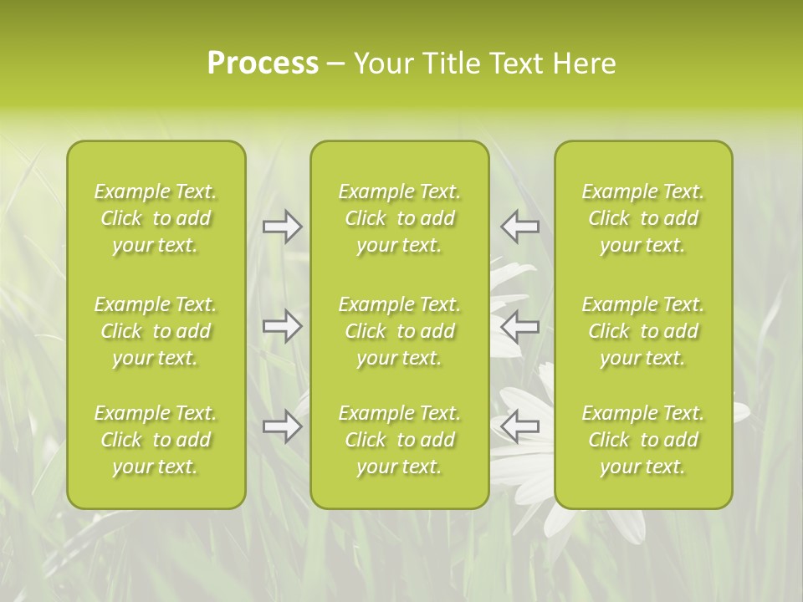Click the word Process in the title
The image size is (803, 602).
click(263, 64)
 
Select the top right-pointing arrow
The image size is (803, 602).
click(282, 226)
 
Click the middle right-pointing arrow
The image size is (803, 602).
click(282, 325)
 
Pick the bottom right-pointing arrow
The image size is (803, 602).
click(282, 426)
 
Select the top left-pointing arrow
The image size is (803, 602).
click(520, 226)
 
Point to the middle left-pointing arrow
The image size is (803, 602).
click(520, 325)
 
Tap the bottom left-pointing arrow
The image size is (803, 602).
click(520, 426)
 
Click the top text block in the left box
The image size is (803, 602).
click(156, 218)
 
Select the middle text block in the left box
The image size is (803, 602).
click(156, 331)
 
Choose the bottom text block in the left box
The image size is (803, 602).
click(156, 440)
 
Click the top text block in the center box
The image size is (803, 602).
click(399, 218)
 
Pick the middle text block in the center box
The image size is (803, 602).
click(399, 331)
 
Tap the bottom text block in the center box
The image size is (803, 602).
click(399, 440)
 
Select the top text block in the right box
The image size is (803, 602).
click(642, 218)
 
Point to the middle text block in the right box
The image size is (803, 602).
click(642, 331)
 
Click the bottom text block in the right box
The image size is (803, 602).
click(642, 440)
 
